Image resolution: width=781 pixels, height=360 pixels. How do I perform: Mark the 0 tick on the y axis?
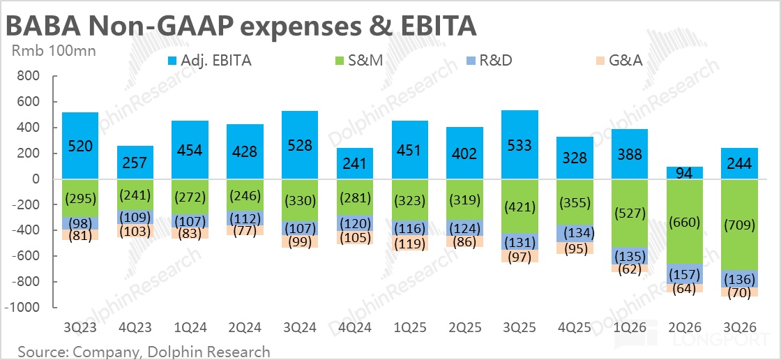[38, 179]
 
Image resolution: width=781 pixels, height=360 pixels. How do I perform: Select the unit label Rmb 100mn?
[53, 50]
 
